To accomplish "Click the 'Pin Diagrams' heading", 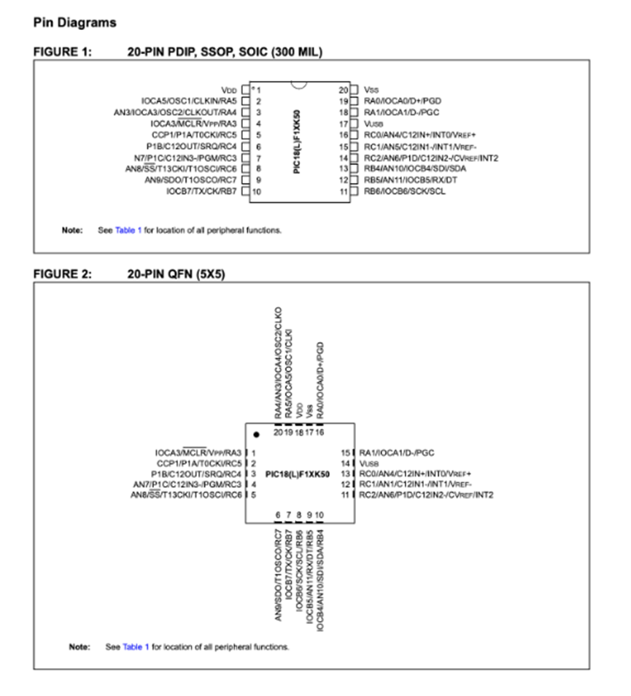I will pos(74,23).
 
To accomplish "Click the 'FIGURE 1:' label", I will pos(62,52).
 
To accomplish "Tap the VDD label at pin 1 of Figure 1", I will pos(229,89).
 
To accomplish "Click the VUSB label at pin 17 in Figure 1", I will pos(374,124).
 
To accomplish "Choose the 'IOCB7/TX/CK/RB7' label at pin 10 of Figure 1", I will pos(201,192).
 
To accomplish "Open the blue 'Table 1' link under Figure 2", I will pos(136,646).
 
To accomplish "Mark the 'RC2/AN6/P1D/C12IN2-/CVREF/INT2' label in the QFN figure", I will pos(426,495).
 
